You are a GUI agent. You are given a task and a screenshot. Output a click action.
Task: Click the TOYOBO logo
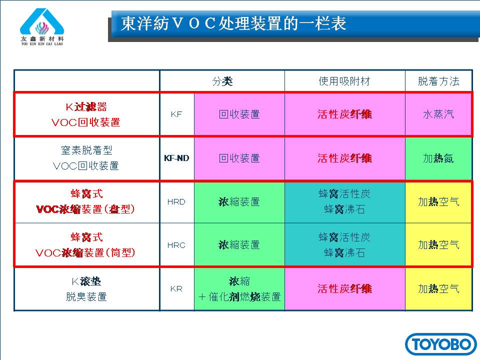(441, 344)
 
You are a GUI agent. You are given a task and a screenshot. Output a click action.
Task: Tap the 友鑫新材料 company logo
(42, 27)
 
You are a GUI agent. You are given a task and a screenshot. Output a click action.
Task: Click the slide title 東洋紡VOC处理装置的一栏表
(233, 23)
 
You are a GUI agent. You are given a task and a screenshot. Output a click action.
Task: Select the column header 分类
(222, 81)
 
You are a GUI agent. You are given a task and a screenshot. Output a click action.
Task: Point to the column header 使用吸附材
(344, 81)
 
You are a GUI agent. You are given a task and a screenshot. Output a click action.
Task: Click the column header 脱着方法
(438, 81)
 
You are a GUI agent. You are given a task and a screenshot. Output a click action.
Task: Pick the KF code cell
(176, 114)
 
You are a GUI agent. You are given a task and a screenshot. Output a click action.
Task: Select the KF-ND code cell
(176, 158)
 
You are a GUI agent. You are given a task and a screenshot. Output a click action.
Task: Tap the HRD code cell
(176, 202)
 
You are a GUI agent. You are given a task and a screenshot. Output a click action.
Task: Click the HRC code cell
(176, 245)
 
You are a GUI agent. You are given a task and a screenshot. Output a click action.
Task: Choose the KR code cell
(176, 289)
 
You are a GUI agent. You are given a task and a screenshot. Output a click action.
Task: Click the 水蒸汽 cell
(438, 114)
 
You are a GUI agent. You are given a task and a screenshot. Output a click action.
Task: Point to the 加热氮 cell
(438, 158)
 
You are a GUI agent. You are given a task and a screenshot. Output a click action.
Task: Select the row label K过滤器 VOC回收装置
(86, 114)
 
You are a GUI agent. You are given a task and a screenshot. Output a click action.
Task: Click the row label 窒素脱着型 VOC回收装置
(86, 158)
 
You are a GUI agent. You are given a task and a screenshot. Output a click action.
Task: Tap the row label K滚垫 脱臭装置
(86, 289)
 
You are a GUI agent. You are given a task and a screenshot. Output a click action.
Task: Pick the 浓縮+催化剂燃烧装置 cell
(239, 289)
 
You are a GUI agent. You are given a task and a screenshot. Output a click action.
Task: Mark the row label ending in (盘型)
(85, 202)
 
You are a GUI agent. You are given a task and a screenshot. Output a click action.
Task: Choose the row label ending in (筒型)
(85, 245)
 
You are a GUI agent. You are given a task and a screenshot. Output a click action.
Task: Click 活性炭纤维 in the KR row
(344, 289)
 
